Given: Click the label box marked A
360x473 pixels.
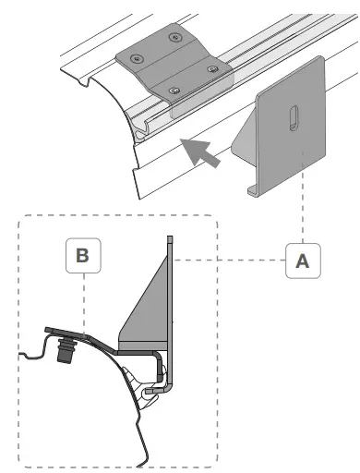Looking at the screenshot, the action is [303, 261].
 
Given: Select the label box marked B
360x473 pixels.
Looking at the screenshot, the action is [83, 256].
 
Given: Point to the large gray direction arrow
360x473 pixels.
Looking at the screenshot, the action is [199, 152].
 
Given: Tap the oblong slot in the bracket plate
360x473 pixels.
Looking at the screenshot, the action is [294, 118].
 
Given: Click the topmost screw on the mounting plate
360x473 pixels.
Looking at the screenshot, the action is [174, 38].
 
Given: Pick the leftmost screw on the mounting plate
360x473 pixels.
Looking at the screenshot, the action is [137, 58].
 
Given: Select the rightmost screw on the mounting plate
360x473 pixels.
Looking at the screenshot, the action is [212, 69].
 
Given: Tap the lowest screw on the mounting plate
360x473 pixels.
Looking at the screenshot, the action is [174, 91].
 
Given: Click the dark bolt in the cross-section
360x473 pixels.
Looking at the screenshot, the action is [65, 349].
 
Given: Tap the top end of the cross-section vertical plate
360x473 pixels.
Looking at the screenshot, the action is [170, 236].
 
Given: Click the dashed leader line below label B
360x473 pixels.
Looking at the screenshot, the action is [84, 304].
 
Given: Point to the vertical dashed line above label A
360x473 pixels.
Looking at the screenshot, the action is [303, 197].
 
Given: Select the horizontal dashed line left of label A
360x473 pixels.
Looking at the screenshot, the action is [229, 261].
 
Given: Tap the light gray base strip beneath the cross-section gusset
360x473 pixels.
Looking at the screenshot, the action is [143, 346].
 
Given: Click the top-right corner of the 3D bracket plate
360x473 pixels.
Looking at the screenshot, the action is [321, 57].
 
